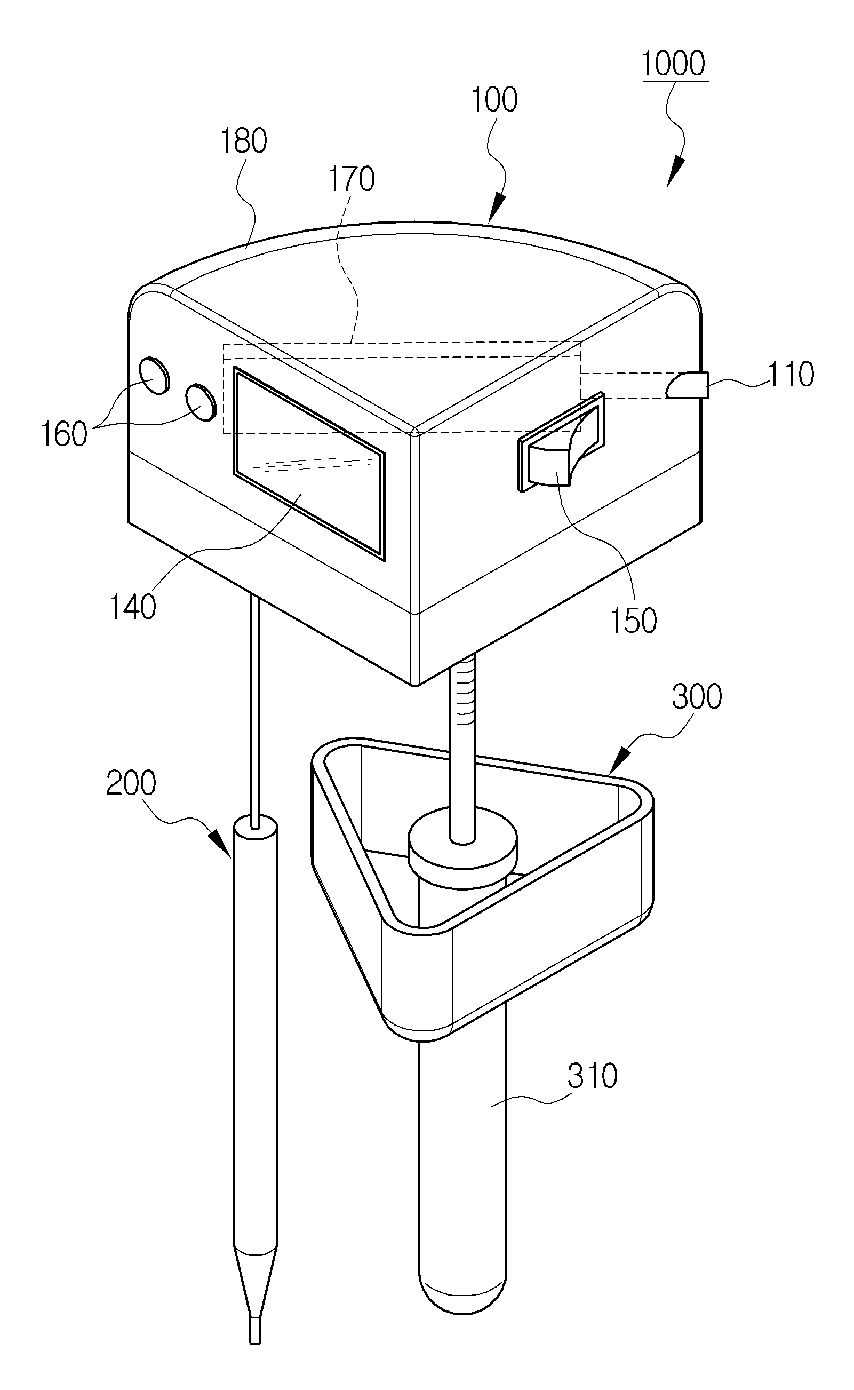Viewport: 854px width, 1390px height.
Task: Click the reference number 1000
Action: coord(673,63)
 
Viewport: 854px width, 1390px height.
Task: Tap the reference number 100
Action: coord(494,100)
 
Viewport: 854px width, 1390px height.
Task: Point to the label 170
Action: coord(352,179)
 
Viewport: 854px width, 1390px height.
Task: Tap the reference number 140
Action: coord(132,608)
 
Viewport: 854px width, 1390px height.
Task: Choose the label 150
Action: coord(633,621)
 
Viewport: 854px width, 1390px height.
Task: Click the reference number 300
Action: coord(697,697)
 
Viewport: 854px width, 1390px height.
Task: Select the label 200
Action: coord(131,783)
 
